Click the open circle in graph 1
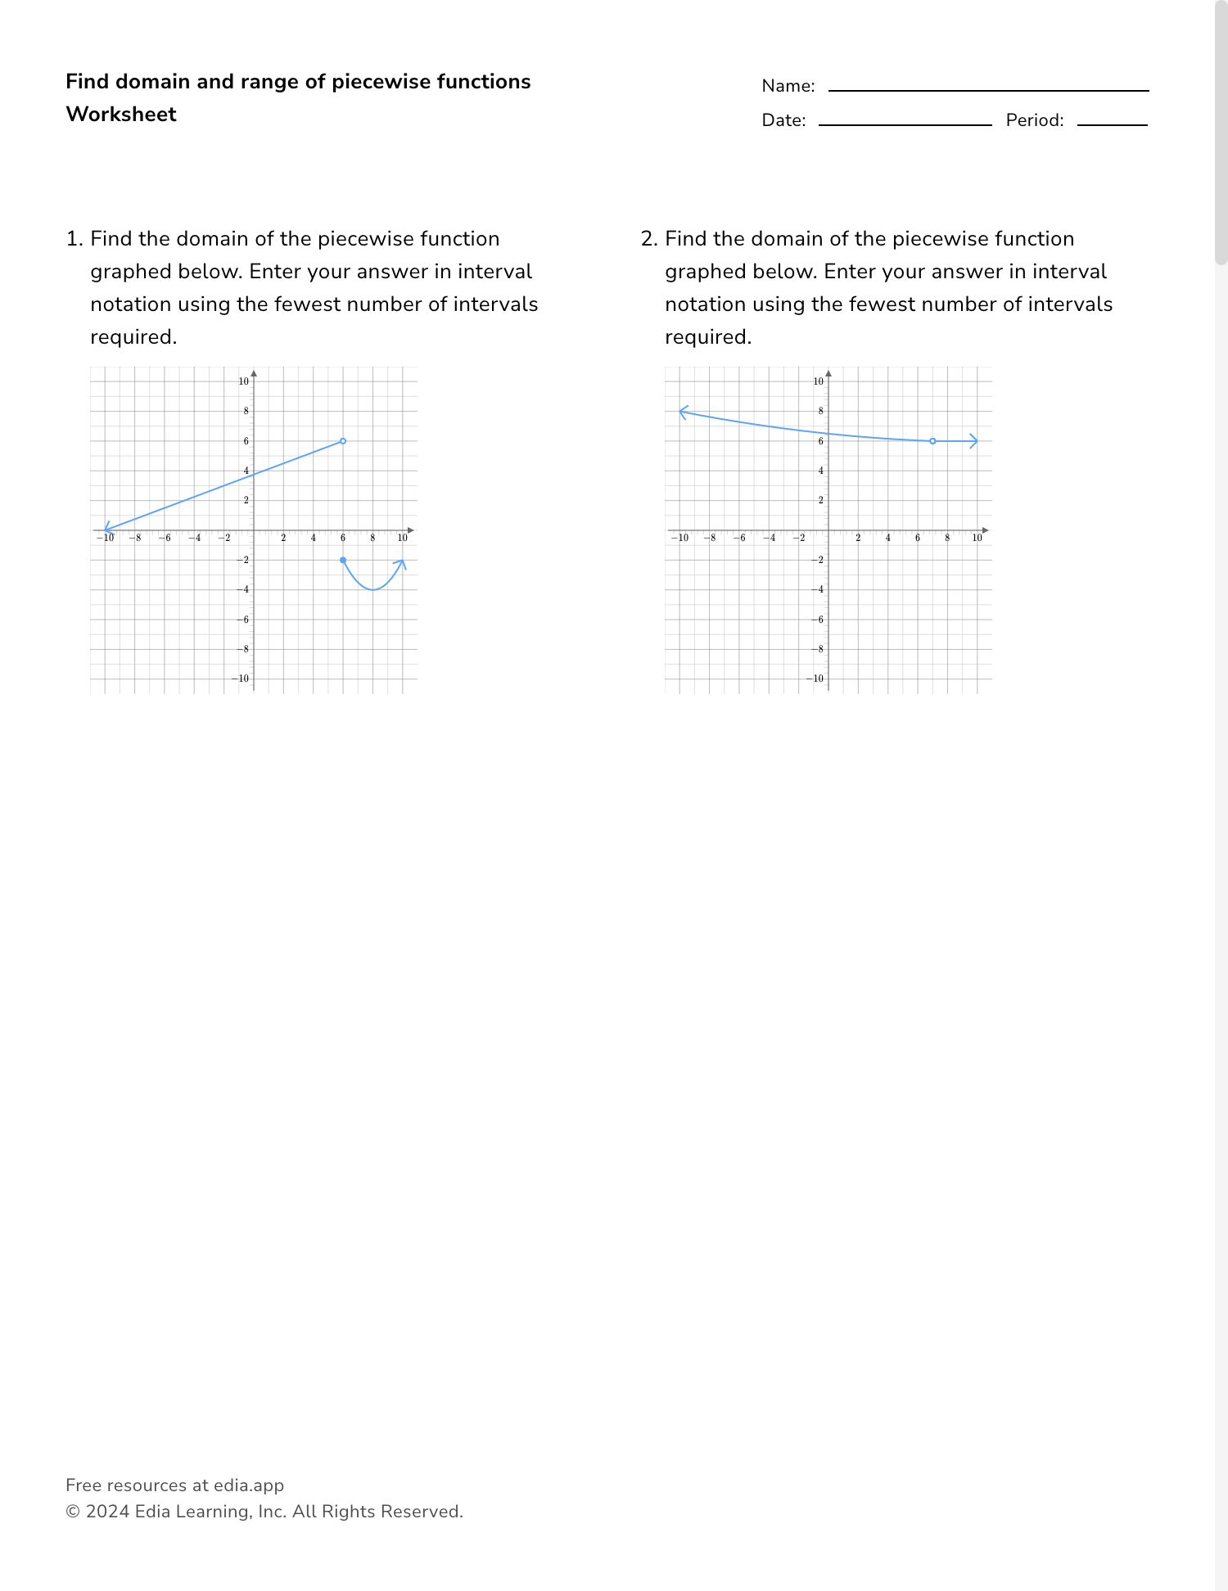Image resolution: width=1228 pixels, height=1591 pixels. (x=343, y=441)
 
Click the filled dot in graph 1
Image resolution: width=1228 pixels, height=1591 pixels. (x=343, y=560)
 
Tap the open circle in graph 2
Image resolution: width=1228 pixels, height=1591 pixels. (x=932, y=441)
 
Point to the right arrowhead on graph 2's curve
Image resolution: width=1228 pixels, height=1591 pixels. (x=974, y=441)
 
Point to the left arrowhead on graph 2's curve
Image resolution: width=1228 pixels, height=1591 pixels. (x=683, y=411)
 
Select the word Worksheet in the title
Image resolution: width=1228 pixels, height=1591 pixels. (x=121, y=115)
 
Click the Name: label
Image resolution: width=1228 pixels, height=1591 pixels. (x=788, y=86)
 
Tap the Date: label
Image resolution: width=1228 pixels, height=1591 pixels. (x=783, y=120)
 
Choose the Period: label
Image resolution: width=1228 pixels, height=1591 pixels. (x=1035, y=120)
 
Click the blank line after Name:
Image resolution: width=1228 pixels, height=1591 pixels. (x=988, y=90)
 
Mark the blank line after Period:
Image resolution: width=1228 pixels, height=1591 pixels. (x=1112, y=124)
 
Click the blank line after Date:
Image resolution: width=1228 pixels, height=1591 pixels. (x=905, y=124)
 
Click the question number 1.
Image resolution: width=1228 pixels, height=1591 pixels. (x=74, y=239)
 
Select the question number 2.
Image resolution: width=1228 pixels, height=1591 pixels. (x=648, y=239)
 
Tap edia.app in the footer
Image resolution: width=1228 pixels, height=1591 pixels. (x=249, y=1485)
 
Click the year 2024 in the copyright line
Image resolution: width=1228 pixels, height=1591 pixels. (x=107, y=1512)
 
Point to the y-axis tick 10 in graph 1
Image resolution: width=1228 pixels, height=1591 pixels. (x=243, y=381)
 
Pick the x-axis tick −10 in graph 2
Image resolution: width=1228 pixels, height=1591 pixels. (x=679, y=538)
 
